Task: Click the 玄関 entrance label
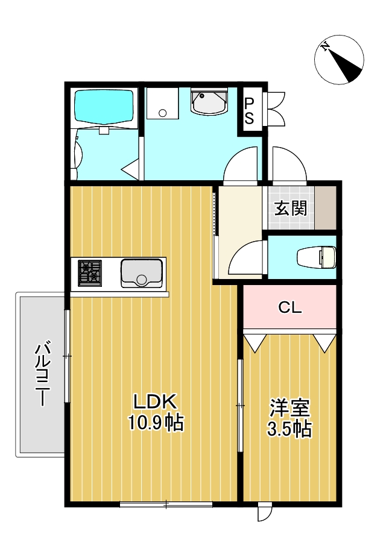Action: (291, 209)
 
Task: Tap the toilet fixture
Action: (317, 257)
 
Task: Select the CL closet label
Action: (289, 308)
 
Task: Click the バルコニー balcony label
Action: (42, 374)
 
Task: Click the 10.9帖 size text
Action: (155, 422)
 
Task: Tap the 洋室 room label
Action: (289, 408)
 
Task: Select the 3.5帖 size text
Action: (289, 428)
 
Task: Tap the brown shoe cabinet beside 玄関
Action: (326, 208)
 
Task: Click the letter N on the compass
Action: (326, 47)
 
